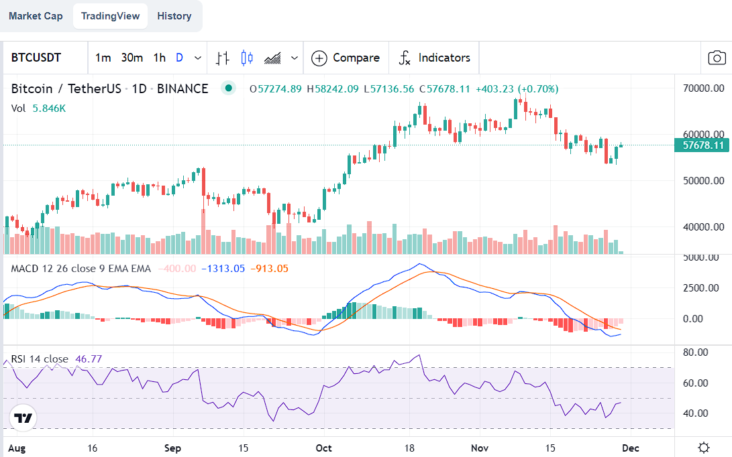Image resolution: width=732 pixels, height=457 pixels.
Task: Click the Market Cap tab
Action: pyautogui.click(x=36, y=16)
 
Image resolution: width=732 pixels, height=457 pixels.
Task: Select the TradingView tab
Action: pyautogui.click(x=110, y=16)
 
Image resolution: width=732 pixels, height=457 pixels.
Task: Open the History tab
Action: pyautogui.click(x=174, y=16)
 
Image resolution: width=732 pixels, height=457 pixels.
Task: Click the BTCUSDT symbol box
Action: pyautogui.click(x=36, y=58)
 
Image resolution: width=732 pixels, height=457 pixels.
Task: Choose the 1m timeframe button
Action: pyautogui.click(x=103, y=58)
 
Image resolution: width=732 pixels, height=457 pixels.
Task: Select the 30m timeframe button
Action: pyautogui.click(x=132, y=58)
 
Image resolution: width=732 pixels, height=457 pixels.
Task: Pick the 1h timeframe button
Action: pyautogui.click(x=159, y=58)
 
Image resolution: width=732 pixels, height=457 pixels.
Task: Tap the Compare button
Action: pyautogui.click(x=346, y=58)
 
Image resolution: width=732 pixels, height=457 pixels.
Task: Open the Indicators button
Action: pyautogui.click(x=435, y=58)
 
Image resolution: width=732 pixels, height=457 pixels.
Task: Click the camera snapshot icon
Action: pyautogui.click(x=717, y=58)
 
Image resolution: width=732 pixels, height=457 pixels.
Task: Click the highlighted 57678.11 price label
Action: pyautogui.click(x=702, y=145)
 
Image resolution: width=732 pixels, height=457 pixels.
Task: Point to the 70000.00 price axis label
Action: pyautogui.click(x=703, y=88)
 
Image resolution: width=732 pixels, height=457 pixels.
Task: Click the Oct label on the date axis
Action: pyautogui.click(x=324, y=447)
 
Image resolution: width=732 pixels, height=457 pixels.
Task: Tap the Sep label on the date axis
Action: pyautogui.click(x=173, y=447)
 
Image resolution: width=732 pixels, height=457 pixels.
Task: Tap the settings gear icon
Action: pyautogui.click(x=703, y=447)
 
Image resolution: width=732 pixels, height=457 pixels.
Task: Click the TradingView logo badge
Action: pyautogui.click(x=23, y=418)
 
